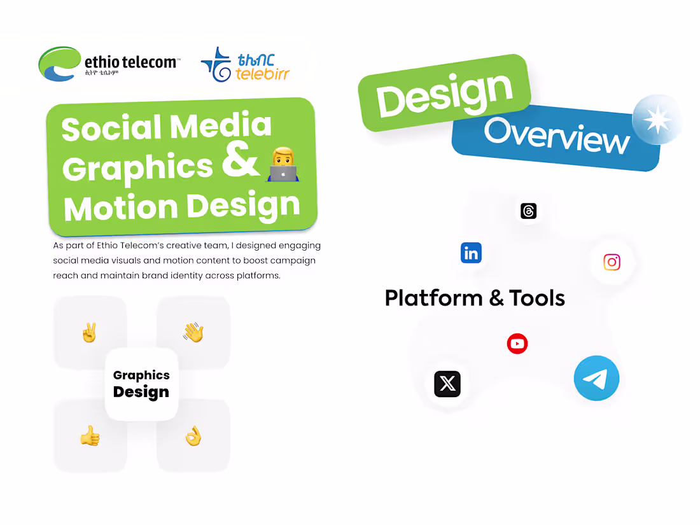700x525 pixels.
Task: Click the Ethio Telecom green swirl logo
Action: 60,64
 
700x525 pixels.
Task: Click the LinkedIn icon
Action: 471,253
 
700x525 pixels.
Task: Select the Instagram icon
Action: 612,262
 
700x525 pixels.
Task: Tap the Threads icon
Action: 528,211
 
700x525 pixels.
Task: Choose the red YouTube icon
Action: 517,344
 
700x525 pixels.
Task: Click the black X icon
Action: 447,384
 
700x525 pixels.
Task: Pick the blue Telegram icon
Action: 596,378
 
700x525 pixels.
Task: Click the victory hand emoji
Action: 89,333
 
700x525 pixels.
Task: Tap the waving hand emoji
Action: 193,332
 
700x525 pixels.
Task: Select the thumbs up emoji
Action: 90,436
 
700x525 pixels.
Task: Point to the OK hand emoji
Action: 193,436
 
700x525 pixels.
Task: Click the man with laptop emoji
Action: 283,164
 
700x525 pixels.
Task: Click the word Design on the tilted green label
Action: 444,94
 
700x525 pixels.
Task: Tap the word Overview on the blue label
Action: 556,135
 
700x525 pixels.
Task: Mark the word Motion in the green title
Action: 121,207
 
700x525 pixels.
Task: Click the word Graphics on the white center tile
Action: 141,375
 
